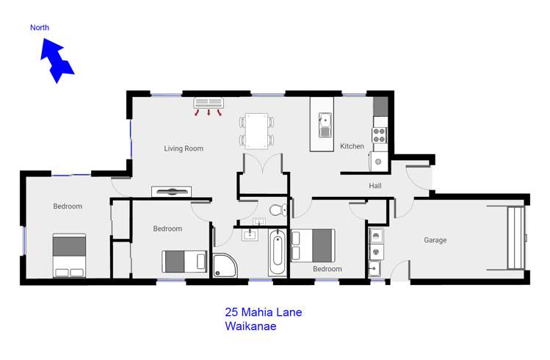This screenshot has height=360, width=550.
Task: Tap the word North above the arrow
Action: tap(40, 28)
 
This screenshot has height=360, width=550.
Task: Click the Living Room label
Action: tap(183, 148)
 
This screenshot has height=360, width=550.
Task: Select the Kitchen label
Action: tap(352, 146)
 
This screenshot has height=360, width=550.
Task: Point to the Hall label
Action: tap(375, 186)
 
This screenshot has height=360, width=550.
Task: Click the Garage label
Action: tap(435, 240)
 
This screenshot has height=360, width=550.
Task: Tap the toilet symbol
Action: tap(278, 210)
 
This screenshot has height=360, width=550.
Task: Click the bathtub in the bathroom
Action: tap(277, 252)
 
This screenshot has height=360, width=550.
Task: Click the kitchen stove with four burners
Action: tap(380, 135)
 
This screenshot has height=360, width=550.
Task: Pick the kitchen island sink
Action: tap(325, 125)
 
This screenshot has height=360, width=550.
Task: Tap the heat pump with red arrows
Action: tap(208, 103)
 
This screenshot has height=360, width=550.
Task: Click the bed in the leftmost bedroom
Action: tap(69, 256)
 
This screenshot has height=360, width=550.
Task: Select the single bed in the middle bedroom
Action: tap(184, 262)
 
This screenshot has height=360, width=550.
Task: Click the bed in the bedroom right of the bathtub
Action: tap(314, 245)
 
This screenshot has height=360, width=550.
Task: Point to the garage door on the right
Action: tap(516, 237)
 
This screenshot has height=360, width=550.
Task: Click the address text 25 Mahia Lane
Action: tap(263, 312)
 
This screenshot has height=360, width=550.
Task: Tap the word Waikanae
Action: tap(250, 327)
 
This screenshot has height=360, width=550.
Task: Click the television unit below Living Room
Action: tap(171, 192)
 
